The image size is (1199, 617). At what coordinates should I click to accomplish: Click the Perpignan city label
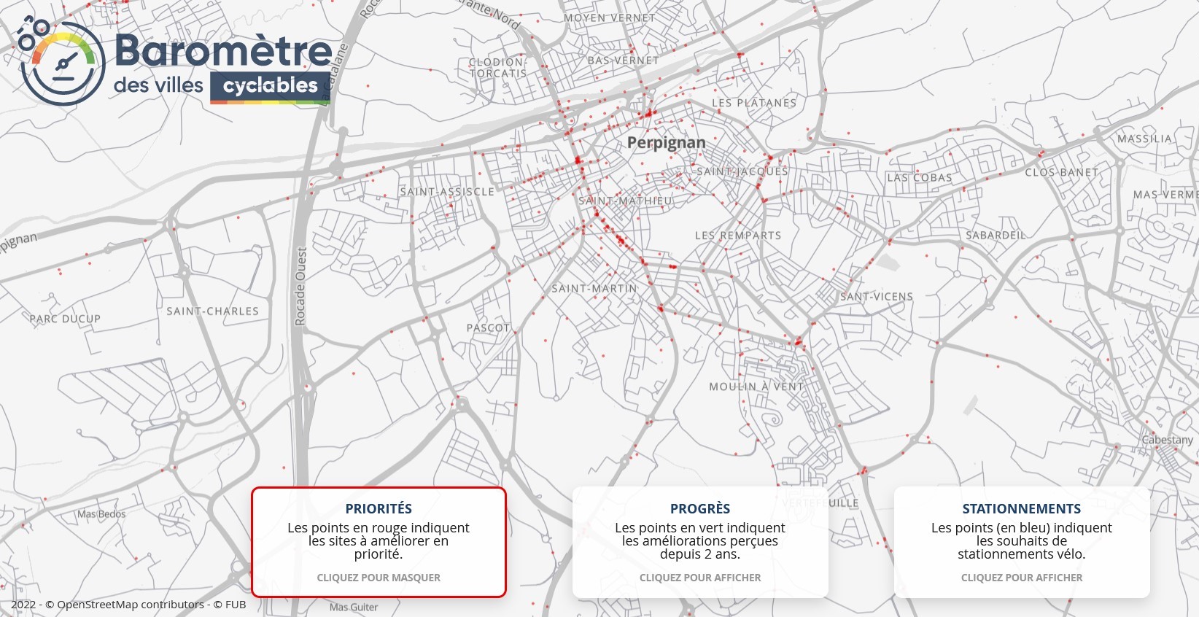(x=666, y=143)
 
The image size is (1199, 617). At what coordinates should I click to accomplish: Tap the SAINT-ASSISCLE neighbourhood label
(x=447, y=192)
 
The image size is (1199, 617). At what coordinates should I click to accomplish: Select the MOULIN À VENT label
(x=756, y=387)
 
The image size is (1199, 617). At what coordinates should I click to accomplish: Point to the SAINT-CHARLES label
(x=212, y=311)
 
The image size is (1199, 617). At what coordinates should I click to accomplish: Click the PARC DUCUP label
(x=65, y=319)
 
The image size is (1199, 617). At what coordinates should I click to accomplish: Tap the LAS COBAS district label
(x=920, y=178)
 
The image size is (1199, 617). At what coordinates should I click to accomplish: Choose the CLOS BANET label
(x=1061, y=173)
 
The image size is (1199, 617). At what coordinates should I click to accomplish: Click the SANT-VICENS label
(x=877, y=297)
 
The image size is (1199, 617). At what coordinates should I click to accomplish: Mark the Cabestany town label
(x=1167, y=440)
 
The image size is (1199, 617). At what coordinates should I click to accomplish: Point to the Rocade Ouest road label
(x=301, y=286)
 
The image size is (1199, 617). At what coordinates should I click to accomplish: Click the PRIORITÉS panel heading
(x=379, y=509)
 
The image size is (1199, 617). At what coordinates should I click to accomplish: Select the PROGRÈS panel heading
(x=700, y=509)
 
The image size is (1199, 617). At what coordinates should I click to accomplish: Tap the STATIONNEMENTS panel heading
(x=1021, y=509)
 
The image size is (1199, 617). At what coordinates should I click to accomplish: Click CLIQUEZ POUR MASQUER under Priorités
(x=379, y=578)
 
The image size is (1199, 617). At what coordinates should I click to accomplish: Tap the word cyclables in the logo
(x=270, y=86)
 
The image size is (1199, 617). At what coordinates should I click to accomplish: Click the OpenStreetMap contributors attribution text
(x=130, y=605)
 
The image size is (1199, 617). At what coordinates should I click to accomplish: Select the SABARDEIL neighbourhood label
(x=996, y=236)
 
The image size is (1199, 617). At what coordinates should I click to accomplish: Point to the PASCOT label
(x=488, y=328)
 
